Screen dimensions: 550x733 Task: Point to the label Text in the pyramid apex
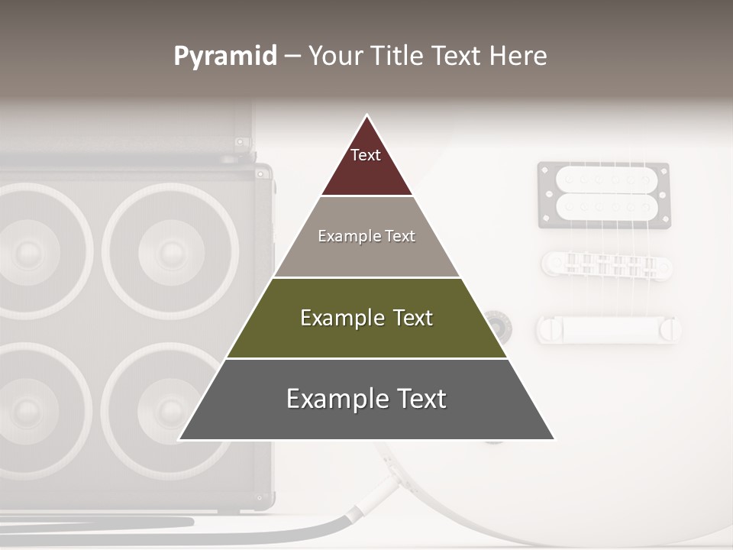tap(365, 155)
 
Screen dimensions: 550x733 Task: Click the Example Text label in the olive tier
tap(366, 318)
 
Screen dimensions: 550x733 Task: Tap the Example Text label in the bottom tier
tap(366, 399)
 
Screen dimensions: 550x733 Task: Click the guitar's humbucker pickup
tap(604, 195)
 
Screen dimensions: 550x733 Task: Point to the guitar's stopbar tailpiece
tap(608, 328)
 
